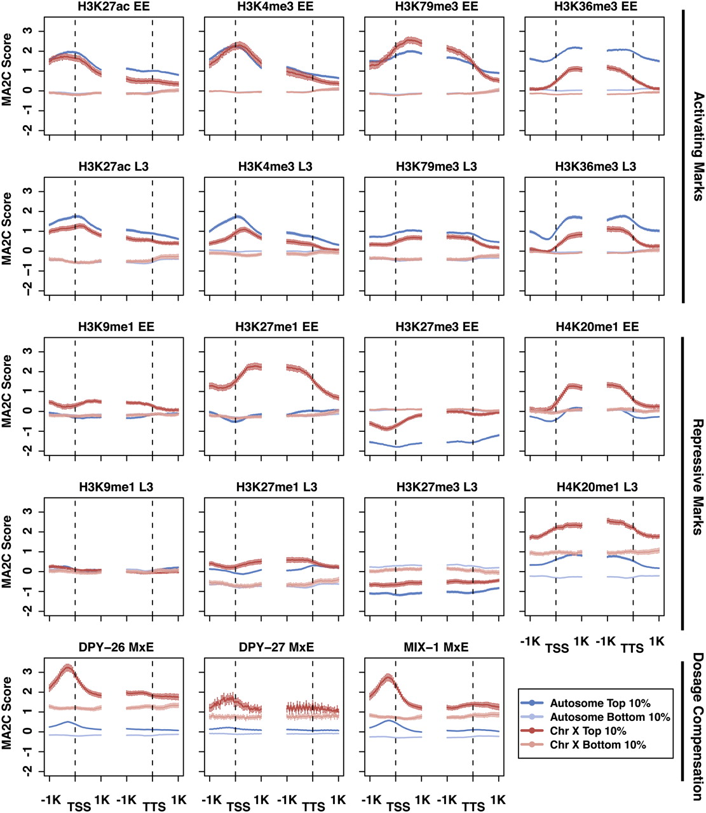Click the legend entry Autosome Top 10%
[600, 703]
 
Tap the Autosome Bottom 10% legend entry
[609, 717]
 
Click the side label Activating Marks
[698, 147]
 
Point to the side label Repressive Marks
[698, 476]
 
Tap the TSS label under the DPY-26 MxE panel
[78, 805]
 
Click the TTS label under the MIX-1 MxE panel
[473, 805]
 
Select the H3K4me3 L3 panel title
[275, 167]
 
